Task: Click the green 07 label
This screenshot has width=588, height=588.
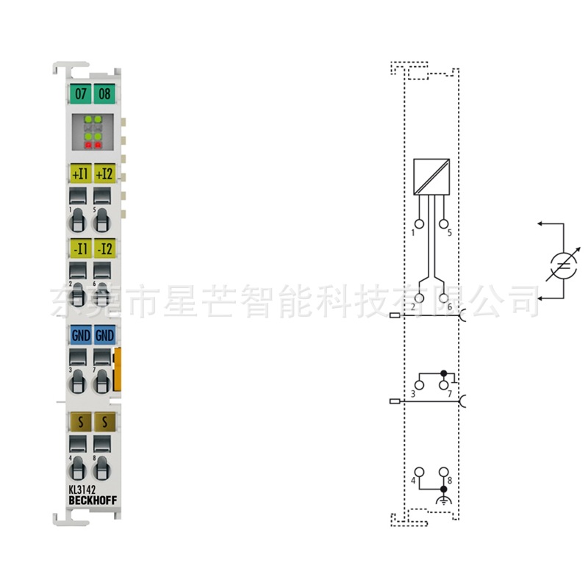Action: coord(80,94)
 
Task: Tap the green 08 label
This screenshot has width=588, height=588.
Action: coord(104,94)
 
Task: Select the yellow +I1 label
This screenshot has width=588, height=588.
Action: coord(80,174)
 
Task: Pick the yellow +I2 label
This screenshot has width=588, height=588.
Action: coord(104,174)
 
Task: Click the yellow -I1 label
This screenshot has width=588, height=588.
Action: coord(80,247)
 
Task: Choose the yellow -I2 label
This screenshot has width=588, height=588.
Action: coord(104,247)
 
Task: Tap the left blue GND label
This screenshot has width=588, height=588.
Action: coord(80,335)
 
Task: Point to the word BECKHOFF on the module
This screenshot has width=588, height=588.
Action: coord(92,501)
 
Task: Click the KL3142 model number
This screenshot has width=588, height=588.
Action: coord(82,490)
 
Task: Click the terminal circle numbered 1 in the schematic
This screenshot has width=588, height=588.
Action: coord(420,223)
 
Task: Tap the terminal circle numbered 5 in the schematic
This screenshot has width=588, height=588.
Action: coord(444,223)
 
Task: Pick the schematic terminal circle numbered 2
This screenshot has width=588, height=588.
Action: coord(420,298)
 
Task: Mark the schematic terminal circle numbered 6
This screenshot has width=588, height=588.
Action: coord(444,298)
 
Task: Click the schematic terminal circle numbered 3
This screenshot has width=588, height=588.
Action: coord(420,384)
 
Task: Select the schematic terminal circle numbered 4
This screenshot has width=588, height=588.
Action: coord(420,472)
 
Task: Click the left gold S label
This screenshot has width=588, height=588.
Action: coord(80,421)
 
